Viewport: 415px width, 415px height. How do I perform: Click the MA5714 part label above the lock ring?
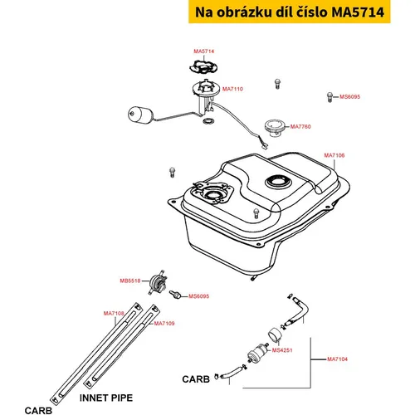[204, 51]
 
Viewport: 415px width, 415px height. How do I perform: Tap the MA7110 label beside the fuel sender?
[232, 89]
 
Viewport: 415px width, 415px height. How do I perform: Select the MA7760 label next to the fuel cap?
[300, 126]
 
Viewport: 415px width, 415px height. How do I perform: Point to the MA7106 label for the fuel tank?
[334, 155]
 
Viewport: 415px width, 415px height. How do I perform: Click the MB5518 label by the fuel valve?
[130, 281]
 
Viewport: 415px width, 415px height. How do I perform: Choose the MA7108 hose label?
[114, 313]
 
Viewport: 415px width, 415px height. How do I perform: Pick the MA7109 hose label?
[164, 323]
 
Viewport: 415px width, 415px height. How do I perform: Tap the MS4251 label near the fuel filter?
[282, 350]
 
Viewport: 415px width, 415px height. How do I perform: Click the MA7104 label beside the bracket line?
[337, 359]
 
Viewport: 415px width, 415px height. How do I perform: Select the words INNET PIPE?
[106, 398]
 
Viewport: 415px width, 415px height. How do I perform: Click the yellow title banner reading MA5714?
[290, 12]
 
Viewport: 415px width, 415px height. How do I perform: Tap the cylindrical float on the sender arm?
[140, 115]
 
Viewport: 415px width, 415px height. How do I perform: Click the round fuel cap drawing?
[275, 129]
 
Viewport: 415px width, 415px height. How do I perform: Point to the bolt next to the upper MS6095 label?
[330, 97]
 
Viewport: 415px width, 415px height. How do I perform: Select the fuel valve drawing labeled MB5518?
[158, 282]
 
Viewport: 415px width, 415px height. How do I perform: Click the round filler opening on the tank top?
[278, 182]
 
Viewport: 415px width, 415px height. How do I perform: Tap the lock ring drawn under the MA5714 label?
[203, 67]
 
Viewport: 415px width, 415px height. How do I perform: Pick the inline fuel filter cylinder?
[258, 354]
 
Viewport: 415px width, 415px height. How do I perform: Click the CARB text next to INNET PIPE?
[38, 411]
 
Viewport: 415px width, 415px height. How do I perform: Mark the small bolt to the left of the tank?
[172, 172]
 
